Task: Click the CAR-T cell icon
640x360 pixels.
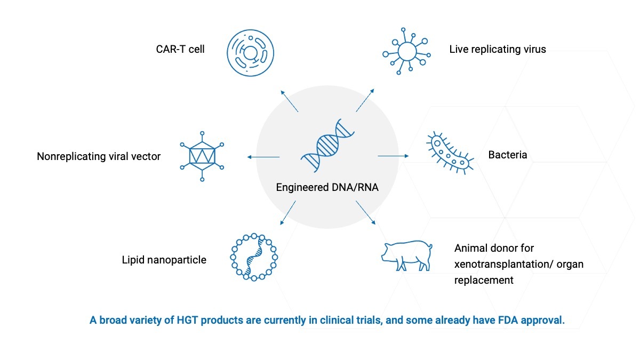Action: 250,52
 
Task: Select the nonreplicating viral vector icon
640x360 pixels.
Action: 202,156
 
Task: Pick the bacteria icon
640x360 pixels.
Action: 450,152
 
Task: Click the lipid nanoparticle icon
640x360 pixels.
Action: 254,257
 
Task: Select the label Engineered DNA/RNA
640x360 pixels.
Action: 327,187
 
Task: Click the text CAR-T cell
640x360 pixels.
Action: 180,50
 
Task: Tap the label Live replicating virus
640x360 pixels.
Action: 498,50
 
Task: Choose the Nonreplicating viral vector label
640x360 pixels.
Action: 99,157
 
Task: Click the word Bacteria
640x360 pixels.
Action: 507,155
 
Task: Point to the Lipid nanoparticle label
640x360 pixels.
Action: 164,260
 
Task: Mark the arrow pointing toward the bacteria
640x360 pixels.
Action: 393,156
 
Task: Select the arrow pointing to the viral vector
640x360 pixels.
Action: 263,157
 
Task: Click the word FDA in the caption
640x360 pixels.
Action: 506,321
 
